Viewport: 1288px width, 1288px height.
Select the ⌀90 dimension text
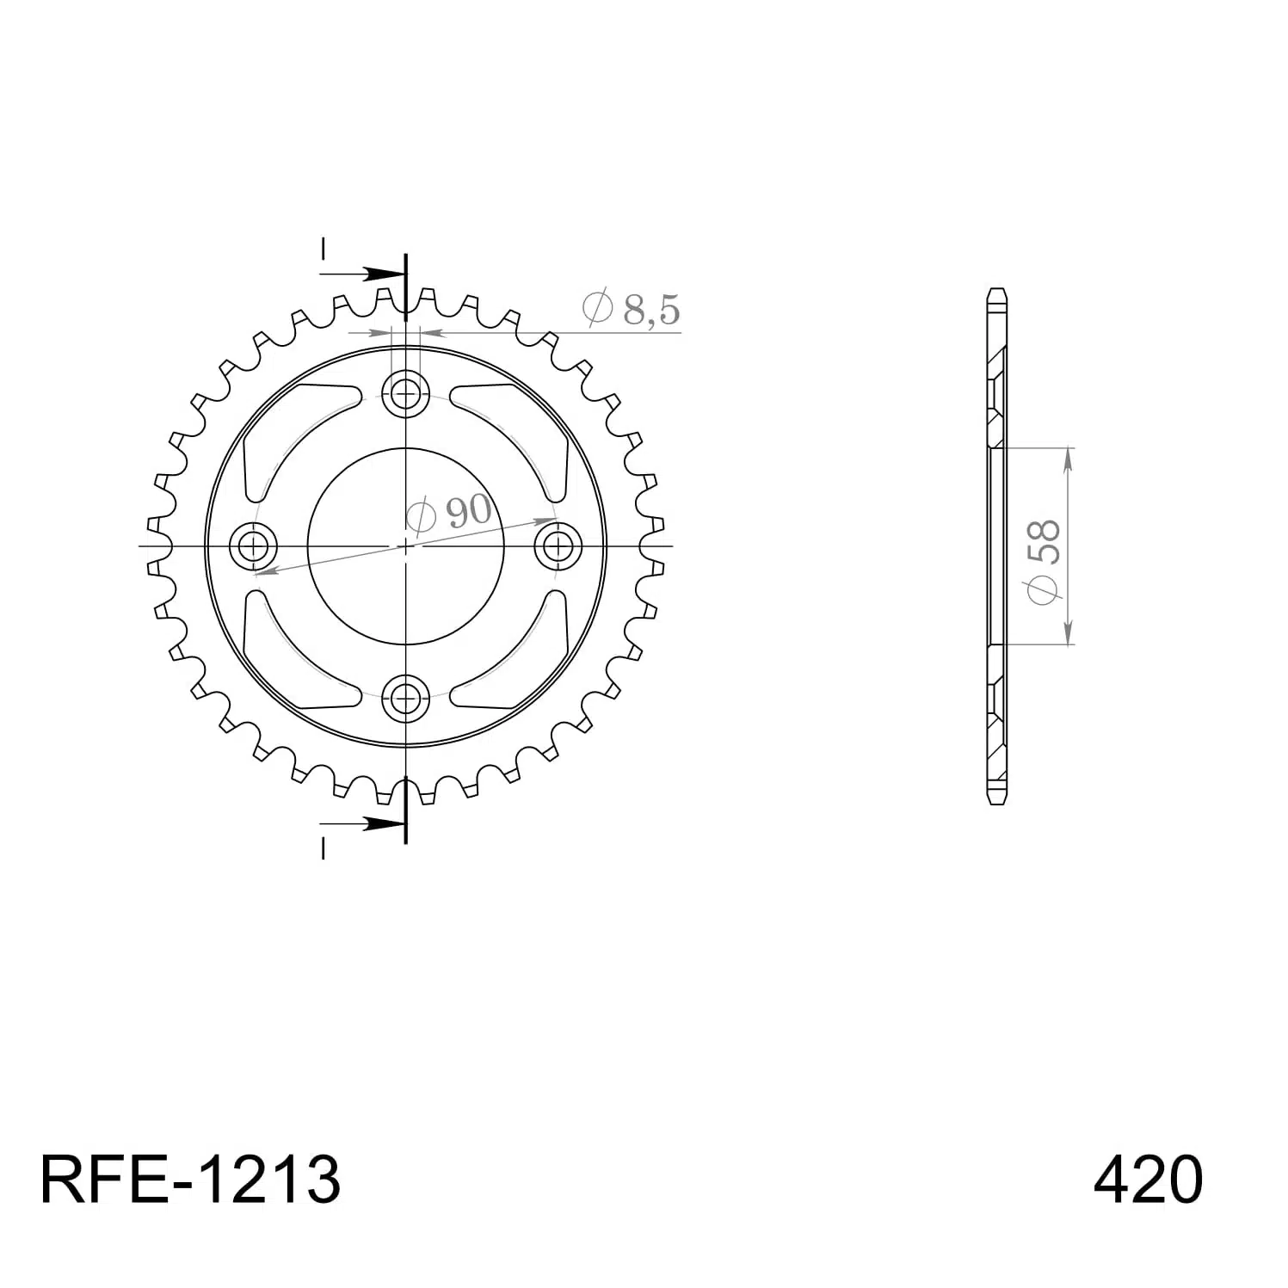pyautogui.click(x=448, y=514)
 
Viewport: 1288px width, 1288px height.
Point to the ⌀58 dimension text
pyautogui.click(x=1042, y=564)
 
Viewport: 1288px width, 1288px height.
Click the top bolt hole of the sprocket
pyautogui.click(x=405, y=394)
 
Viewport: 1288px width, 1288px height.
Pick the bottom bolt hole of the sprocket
pyautogui.click(x=405, y=697)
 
